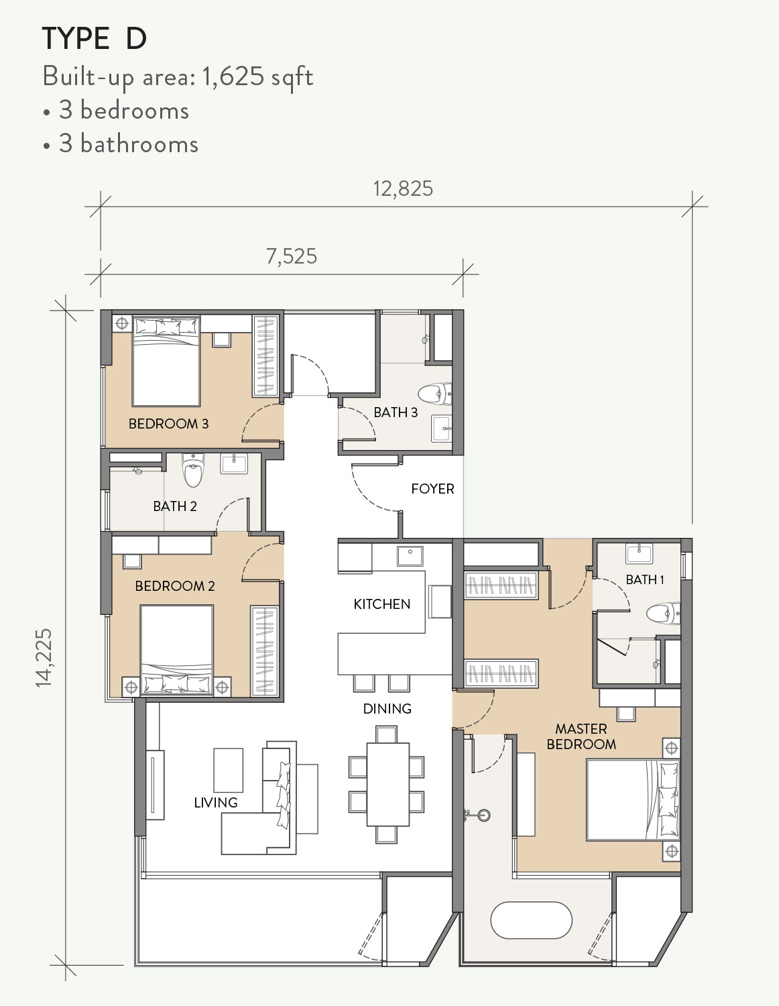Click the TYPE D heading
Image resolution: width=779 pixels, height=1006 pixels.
pos(95,39)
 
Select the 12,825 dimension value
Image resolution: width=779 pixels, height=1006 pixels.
pos(403,189)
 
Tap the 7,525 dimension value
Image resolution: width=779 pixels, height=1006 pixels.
pos(292,256)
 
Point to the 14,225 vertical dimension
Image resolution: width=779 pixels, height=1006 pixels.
pos(44,657)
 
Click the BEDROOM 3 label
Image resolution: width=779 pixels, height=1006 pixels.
pos(168,424)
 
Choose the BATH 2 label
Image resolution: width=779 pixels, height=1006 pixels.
pos(175,506)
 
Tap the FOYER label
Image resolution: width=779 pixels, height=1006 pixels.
pos(432,489)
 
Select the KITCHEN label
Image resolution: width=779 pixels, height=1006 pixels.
pos(381,604)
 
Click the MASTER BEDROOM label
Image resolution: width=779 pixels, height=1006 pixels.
pos(581,736)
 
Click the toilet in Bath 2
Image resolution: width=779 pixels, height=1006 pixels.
pos(193,471)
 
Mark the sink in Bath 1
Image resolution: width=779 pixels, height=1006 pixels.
pos(639,553)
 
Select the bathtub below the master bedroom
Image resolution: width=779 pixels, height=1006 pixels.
pos(531,920)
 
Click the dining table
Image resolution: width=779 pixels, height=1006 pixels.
pos(387,784)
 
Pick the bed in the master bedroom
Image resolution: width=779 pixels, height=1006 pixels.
pos(632,799)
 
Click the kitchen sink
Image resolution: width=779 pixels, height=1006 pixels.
pos(410,556)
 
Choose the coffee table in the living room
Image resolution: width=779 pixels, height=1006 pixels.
pos(228,770)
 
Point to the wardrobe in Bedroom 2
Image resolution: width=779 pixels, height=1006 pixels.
pos(263,651)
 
